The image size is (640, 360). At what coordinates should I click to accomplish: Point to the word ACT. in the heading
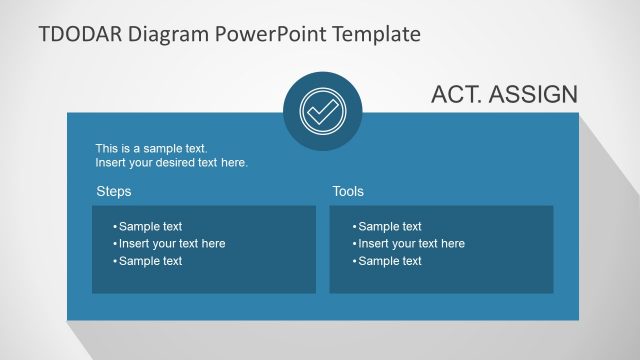coord(457,95)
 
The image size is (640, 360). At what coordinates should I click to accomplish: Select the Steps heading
coord(113,191)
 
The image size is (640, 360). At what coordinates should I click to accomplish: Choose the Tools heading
coord(348,191)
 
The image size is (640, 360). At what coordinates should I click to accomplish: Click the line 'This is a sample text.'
coord(151,148)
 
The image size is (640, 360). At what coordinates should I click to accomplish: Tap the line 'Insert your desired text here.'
coord(171,162)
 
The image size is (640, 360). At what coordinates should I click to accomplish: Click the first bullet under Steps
coord(150,227)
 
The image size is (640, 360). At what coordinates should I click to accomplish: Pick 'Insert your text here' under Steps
coord(172,244)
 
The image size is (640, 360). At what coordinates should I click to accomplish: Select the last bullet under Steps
coord(150,261)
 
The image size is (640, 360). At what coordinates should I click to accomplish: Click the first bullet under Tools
coord(390,227)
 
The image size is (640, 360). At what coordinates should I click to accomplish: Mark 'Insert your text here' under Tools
coord(411,244)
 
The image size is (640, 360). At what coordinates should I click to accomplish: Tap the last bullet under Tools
coord(390,261)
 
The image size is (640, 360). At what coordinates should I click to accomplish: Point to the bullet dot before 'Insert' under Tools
coord(354,244)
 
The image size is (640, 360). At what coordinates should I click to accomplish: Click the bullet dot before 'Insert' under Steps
coord(115,244)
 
